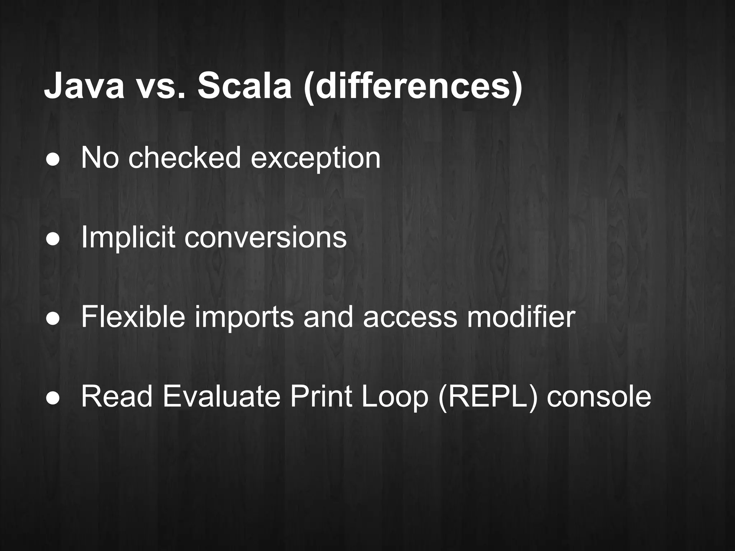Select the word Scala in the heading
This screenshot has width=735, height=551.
pyautogui.click(x=244, y=86)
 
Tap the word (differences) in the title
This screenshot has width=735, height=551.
pyautogui.click(x=413, y=88)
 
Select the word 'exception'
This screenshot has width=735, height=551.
pyautogui.click(x=315, y=159)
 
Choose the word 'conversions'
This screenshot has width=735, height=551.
pyautogui.click(x=266, y=238)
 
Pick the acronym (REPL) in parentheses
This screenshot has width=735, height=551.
pyautogui.click(x=488, y=397)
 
